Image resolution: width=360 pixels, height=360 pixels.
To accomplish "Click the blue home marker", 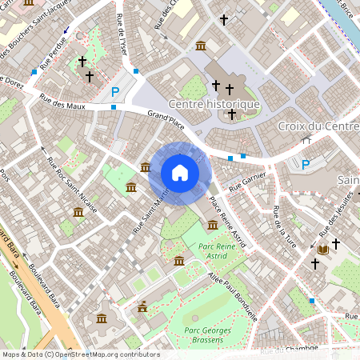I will (x=180, y=173).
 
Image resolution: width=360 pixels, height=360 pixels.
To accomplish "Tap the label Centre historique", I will (x=214, y=105).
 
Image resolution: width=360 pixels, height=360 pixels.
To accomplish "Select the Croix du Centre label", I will (x=318, y=126).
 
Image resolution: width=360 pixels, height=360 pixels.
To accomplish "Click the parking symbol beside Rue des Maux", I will (x=115, y=92).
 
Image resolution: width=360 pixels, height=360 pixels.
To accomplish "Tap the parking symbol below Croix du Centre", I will (x=305, y=164).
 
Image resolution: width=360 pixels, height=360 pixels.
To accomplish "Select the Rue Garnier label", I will (x=247, y=185).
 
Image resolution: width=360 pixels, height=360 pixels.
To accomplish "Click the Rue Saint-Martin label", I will (x=150, y=210).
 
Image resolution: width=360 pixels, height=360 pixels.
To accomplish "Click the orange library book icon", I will (x=323, y=250).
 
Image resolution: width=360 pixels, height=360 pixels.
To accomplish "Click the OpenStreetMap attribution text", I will (x=81, y=354).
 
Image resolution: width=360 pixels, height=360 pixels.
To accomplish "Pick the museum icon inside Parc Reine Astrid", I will (x=178, y=262).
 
